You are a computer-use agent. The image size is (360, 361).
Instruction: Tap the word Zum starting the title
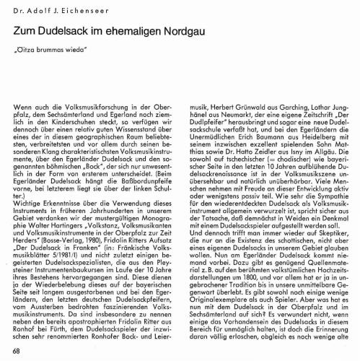pos(24,34)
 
